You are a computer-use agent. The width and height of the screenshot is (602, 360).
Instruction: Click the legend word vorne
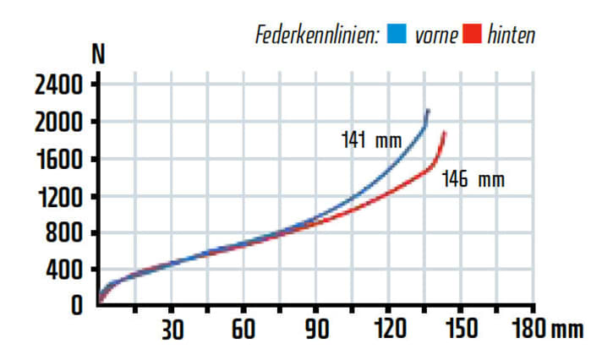(x=436, y=35)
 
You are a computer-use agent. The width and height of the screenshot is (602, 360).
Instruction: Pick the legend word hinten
(x=512, y=35)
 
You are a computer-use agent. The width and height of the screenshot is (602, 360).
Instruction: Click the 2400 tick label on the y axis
(x=58, y=85)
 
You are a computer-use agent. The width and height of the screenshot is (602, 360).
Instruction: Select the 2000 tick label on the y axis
(x=58, y=123)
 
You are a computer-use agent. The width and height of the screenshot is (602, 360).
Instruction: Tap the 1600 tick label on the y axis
(x=58, y=160)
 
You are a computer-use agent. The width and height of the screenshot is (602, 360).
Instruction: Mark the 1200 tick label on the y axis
(x=58, y=197)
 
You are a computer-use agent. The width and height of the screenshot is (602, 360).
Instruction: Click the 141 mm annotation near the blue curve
(x=371, y=140)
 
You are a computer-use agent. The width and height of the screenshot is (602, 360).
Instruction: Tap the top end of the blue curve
(x=428, y=111)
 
